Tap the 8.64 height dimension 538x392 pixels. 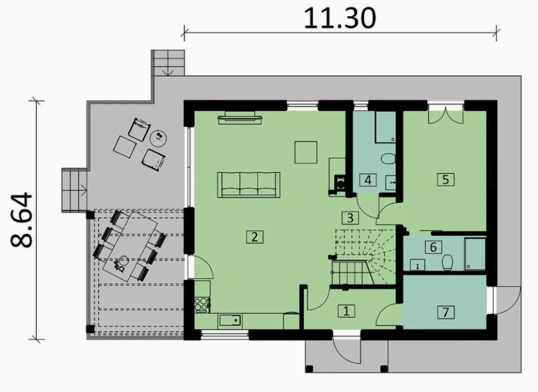coord(21,220)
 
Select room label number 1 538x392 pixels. coord(346,311)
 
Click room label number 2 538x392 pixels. coord(255,237)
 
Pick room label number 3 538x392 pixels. coord(350,218)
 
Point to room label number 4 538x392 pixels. coord(368,179)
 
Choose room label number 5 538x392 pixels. coord(446,179)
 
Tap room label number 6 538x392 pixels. coord(433,247)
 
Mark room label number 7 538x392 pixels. coord(446,312)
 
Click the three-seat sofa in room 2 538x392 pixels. coord(249,185)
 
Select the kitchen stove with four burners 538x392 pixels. coord(201,304)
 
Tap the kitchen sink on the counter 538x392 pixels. coord(230,320)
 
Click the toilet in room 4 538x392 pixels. coord(389,160)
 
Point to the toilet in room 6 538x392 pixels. coord(447,262)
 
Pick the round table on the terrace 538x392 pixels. coord(159,138)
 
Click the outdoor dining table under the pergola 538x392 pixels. coord(130,246)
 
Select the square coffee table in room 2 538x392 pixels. coord(306,152)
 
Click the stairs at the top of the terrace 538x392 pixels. coord(168,63)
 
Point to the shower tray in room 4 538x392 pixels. coord(386,126)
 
